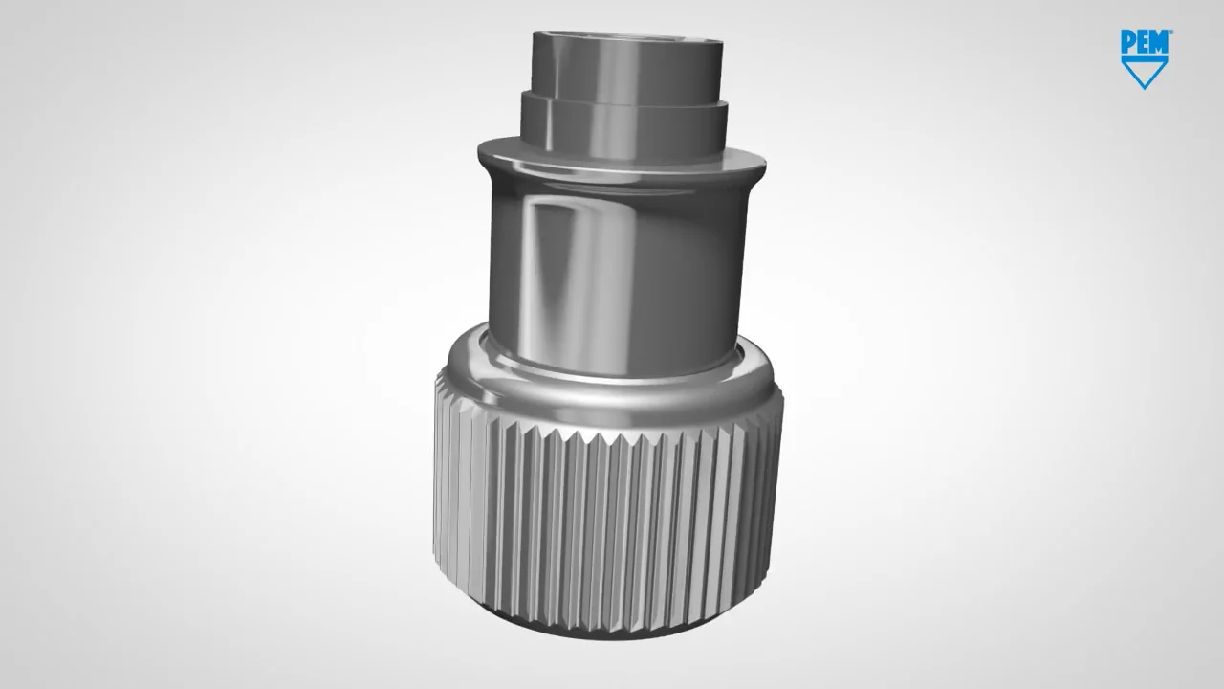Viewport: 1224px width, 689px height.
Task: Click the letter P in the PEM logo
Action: tap(1127, 39)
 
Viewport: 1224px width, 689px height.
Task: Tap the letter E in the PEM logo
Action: tap(1142, 39)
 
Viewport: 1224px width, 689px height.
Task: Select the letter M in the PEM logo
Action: tap(1159, 39)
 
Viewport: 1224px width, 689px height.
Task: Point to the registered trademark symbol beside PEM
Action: tap(1170, 33)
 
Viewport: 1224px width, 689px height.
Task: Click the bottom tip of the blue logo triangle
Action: tap(1145, 88)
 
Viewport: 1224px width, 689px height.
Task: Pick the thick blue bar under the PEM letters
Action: tap(1145, 55)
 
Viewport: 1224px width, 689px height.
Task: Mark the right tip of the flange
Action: tap(764, 165)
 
